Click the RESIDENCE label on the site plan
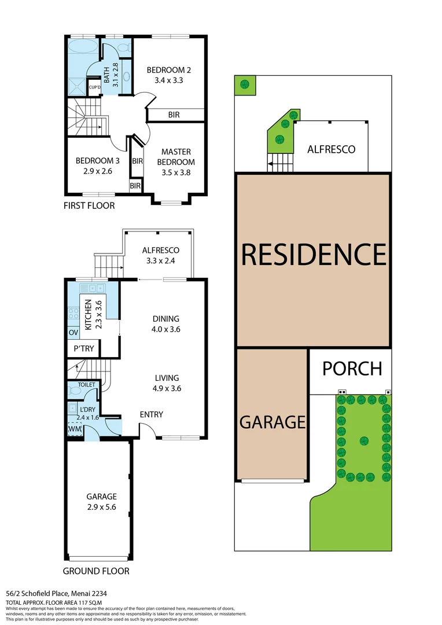pyautogui.click(x=313, y=254)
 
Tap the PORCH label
pyautogui.click(x=352, y=369)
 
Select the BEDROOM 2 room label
pyautogui.click(x=168, y=75)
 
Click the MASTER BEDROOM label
pyautogui.click(x=176, y=157)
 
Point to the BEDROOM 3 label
pyautogui.click(x=97, y=166)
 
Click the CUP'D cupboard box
pyautogui.click(x=95, y=87)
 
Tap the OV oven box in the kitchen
pyautogui.click(x=73, y=333)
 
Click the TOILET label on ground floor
pyautogui.click(x=79, y=384)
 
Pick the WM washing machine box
pyautogui.click(x=74, y=430)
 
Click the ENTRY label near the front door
pyautogui.click(x=152, y=414)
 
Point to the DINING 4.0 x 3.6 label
pyautogui.click(x=166, y=323)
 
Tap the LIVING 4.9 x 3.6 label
pyautogui.click(x=166, y=383)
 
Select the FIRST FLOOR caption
pyautogui.click(x=90, y=205)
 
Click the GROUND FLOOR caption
pyautogui.click(x=95, y=571)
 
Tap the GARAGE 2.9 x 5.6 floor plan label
pyautogui.click(x=101, y=501)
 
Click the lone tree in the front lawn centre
pyautogui.click(x=364, y=440)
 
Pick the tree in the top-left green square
pyautogui.click(x=245, y=84)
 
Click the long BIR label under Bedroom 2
pyautogui.click(x=174, y=115)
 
